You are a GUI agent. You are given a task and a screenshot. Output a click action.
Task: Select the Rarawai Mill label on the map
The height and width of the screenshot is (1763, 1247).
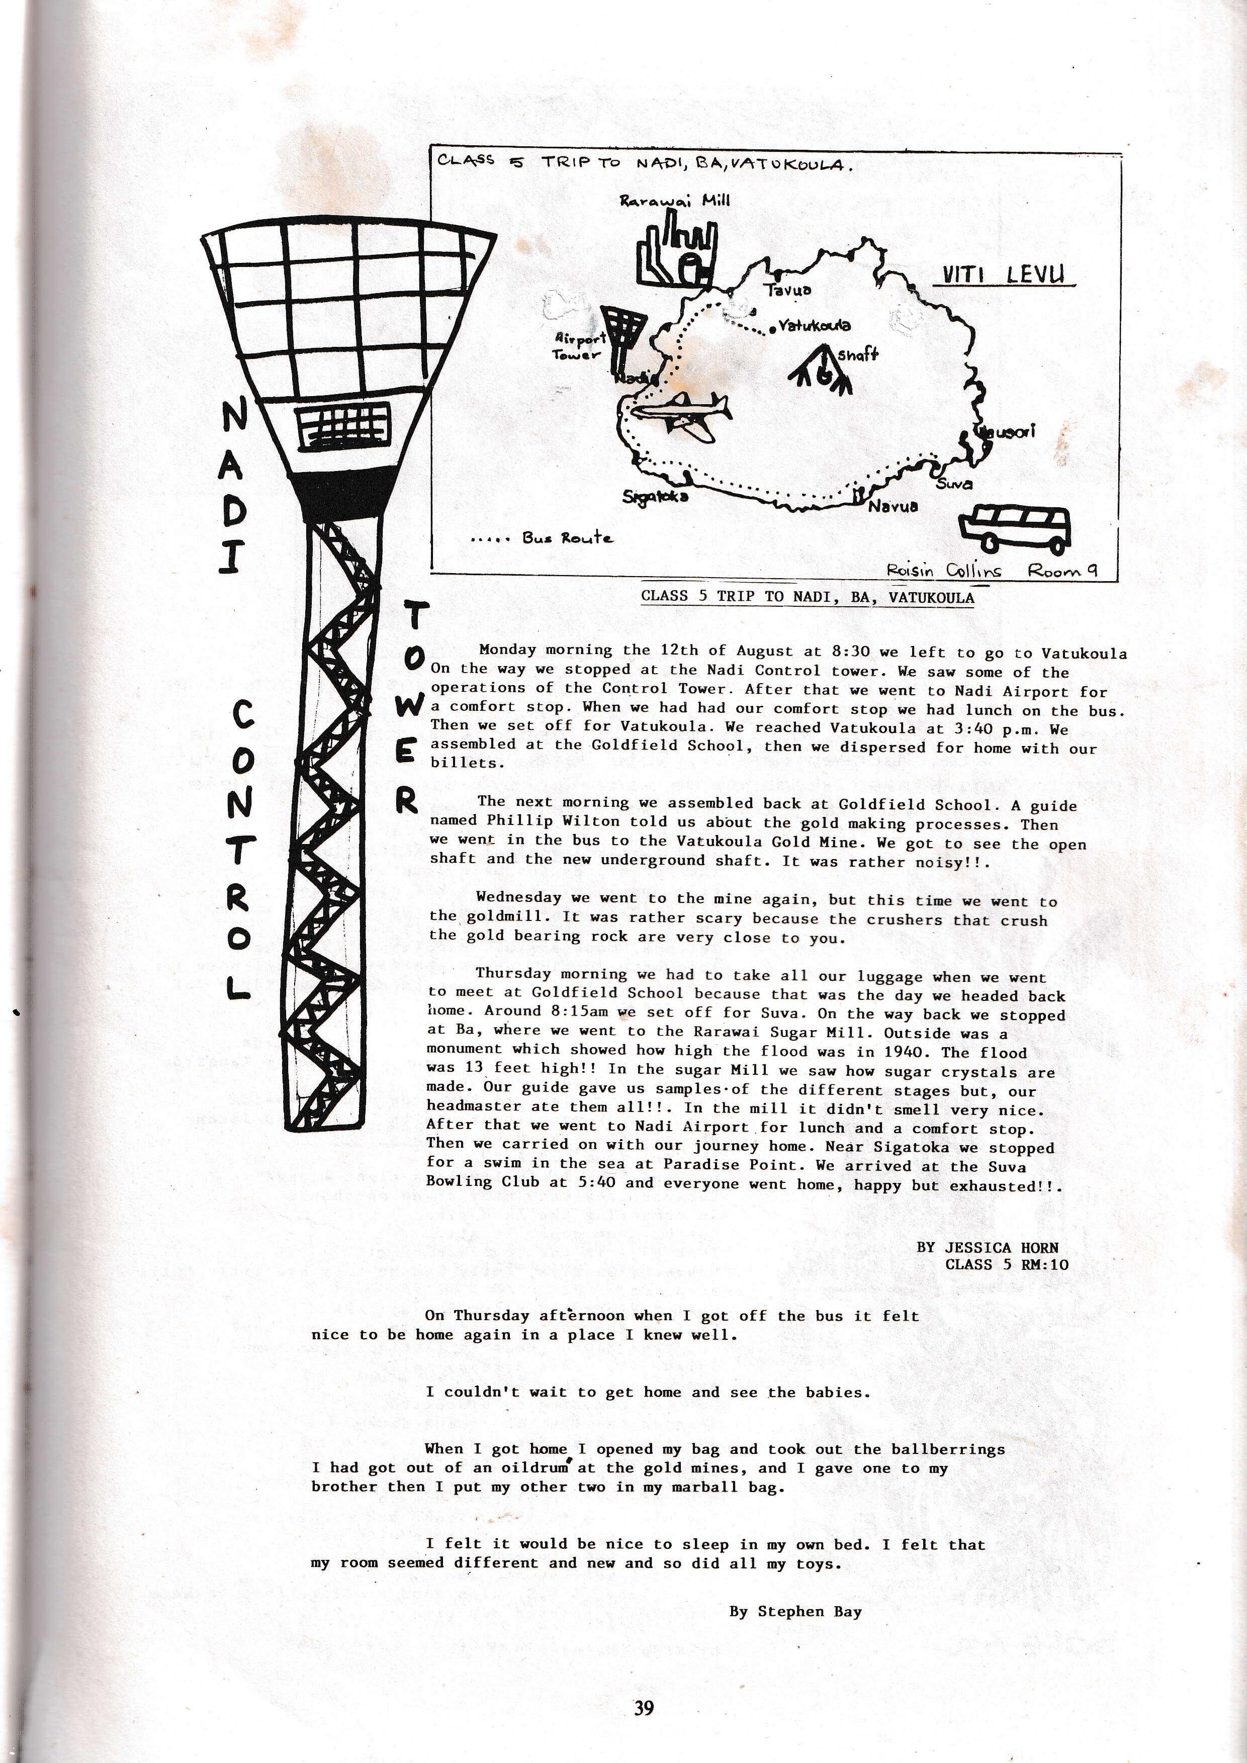tap(675, 201)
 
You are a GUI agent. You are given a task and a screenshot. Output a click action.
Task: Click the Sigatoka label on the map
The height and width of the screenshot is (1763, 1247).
tap(656, 496)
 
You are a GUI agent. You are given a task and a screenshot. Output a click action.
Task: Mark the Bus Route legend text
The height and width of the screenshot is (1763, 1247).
tap(568, 537)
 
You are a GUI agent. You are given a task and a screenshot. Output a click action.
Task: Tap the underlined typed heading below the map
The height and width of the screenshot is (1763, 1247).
tap(807, 597)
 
